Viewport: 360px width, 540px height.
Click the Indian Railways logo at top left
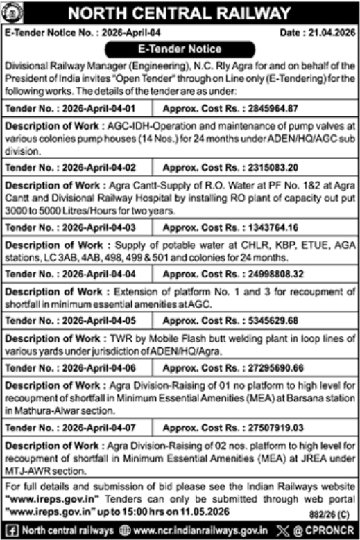(x=15, y=13)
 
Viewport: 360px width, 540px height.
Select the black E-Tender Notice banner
(x=179, y=49)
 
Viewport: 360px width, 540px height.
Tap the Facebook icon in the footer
(x=9, y=531)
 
